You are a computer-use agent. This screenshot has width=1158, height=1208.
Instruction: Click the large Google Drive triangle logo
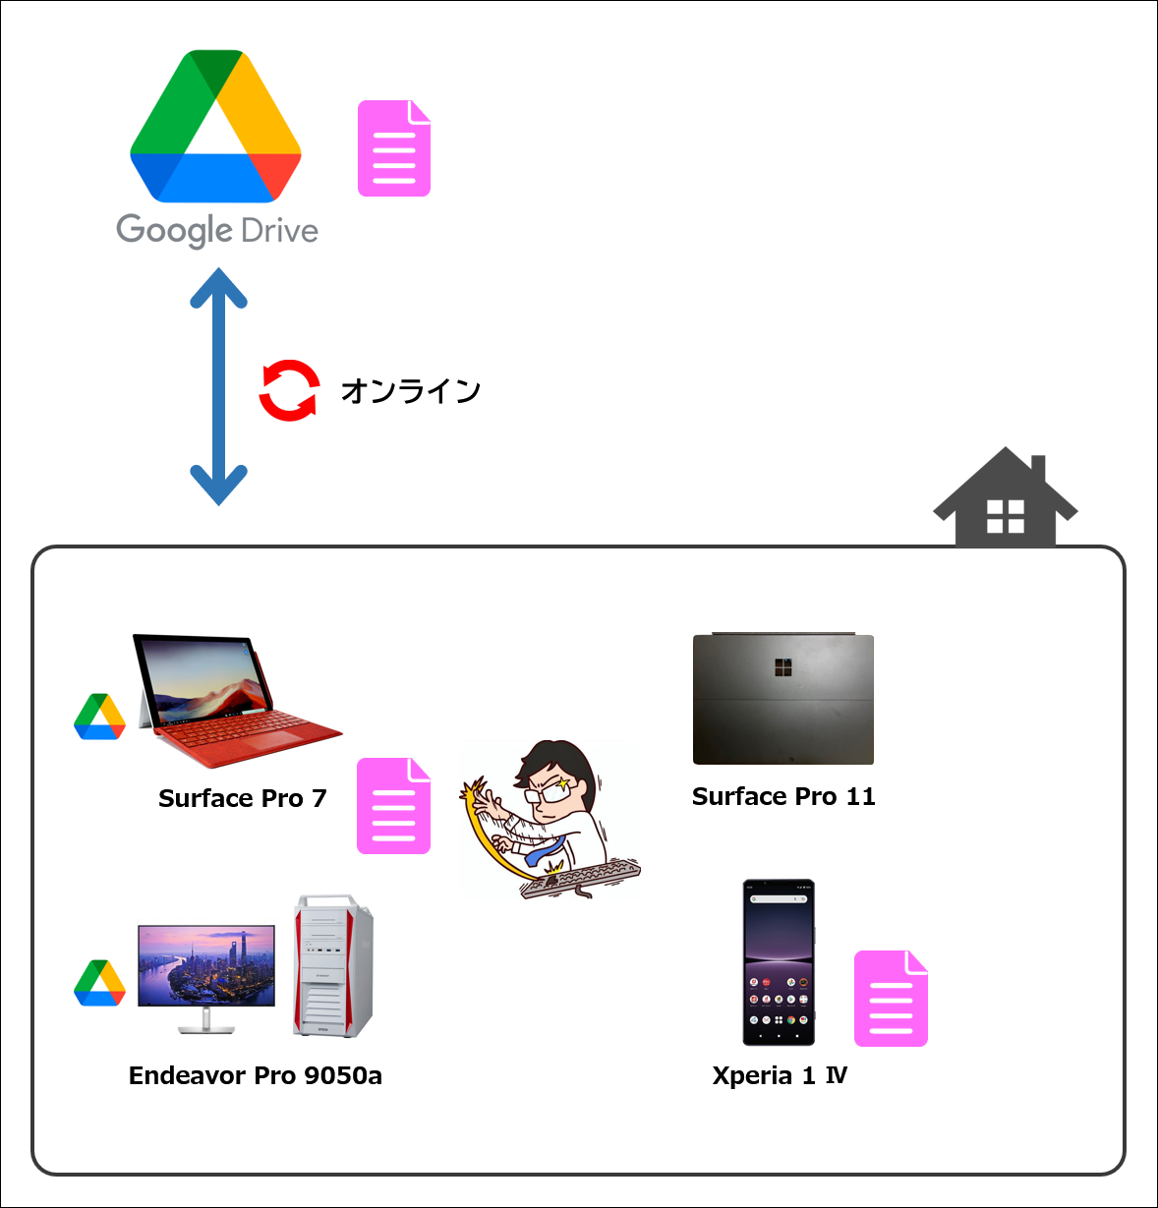coord(215,126)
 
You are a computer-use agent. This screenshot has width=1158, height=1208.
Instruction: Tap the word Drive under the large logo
coord(279,230)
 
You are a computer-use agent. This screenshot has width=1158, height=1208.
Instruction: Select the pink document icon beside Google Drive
coord(394,148)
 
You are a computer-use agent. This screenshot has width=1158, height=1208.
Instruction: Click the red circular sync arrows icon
coord(289,390)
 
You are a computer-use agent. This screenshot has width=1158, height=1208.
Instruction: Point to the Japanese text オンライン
coord(411,391)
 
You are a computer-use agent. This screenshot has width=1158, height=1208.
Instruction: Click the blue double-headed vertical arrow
coord(218,386)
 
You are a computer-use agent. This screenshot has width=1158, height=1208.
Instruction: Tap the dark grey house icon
coord(1006,496)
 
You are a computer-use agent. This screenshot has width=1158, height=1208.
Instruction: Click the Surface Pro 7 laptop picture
coord(238,700)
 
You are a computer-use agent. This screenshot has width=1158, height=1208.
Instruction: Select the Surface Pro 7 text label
coord(242,798)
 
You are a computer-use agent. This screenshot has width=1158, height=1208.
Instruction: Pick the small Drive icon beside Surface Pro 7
coord(99,717)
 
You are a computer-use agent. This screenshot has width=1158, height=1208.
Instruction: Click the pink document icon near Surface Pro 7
coord(393,806)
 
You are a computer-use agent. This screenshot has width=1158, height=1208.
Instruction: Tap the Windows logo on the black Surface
coord(782,667)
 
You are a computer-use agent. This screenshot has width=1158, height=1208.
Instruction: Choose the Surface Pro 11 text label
coord(783,796)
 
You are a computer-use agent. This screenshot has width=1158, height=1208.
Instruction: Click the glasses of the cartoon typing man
coord(548,791)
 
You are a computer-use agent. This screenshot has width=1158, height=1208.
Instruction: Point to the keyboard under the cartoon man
coord(581,877)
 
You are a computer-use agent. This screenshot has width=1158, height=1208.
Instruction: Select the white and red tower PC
coord(333,966)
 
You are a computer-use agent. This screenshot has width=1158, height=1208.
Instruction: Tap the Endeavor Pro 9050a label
coord(256,1075)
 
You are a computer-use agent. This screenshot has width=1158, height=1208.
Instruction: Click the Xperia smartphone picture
coord(779,962)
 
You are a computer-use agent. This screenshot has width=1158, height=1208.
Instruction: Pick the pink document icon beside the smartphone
coord(891,999)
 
